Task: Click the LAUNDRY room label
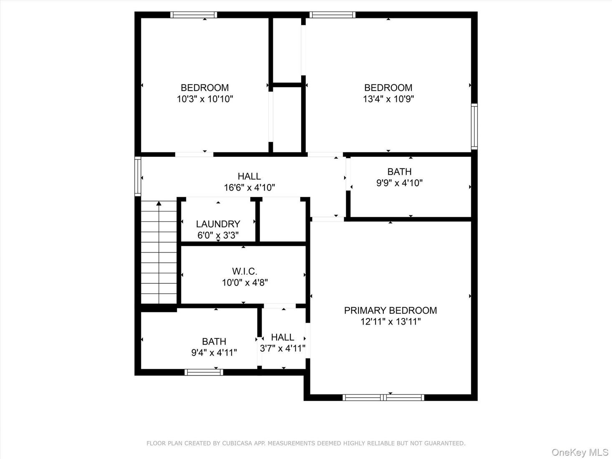[218, 224]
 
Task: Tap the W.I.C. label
[244, 271]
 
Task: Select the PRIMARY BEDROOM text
[390, 310]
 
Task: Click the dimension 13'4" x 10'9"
[388, 99]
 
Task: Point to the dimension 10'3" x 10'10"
[204, 99]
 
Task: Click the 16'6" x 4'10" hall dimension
[249, 188]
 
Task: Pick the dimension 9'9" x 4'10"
[399, 183]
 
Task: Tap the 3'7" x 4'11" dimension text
[282, 348]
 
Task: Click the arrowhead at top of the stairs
[159, 204]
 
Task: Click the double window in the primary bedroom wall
[383, 397]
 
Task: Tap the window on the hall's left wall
[138, 176]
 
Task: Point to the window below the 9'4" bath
[204, 372]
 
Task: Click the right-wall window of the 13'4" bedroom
[474, 127]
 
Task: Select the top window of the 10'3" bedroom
[194, 15]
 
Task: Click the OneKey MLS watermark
[579, 452]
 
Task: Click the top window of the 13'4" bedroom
[332, 15]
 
